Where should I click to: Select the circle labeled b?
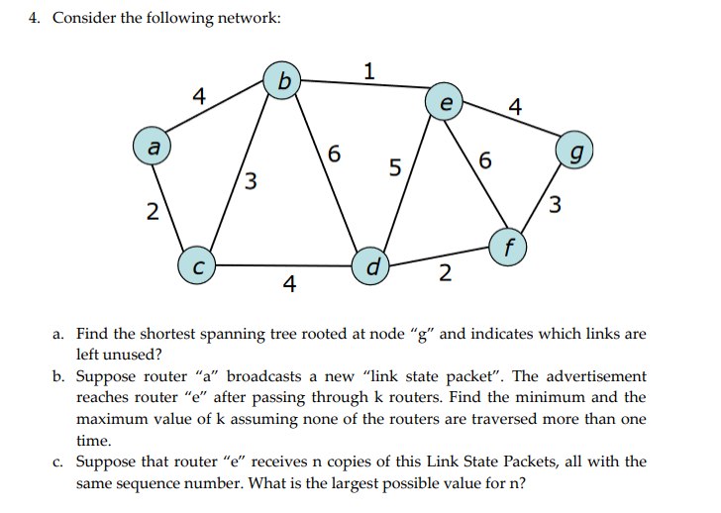(283, 81)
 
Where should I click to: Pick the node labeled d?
(371, 265)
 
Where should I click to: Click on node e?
(445, 103)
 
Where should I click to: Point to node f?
(507, 247)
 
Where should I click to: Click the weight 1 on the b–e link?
(369, 71)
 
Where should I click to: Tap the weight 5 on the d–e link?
(394, 167)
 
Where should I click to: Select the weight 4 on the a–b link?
(199, 96)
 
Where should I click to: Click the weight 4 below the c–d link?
(288, 286)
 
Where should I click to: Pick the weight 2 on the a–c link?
(151, 211)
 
